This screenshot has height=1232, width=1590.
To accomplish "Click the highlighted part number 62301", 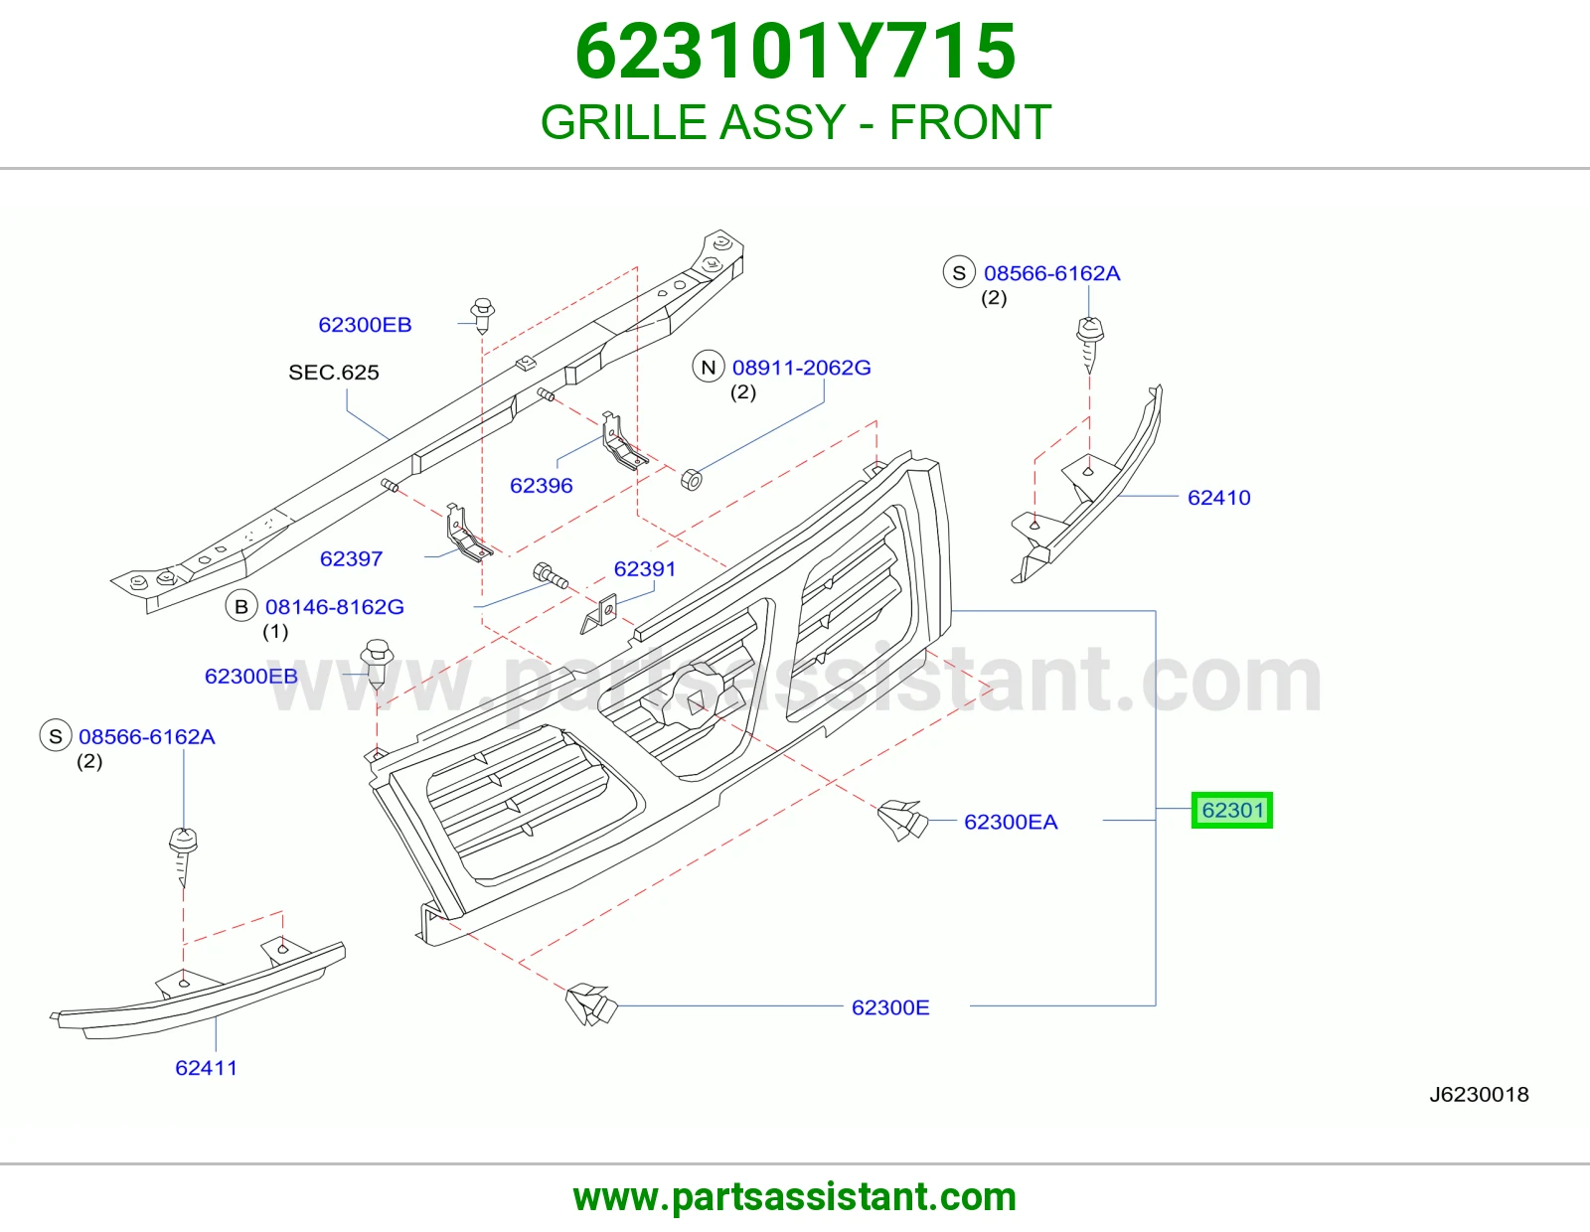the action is point(1232,811).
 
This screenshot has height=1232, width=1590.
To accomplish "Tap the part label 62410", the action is point(1219,498).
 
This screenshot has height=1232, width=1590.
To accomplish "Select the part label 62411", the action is point(207,1068).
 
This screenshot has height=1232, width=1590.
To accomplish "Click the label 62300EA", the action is point(1011,823).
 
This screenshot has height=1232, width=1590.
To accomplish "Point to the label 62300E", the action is point(890,1008).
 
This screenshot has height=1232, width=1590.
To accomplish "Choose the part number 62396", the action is point(542,486).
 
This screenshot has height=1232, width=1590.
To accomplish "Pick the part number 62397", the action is point(351,559).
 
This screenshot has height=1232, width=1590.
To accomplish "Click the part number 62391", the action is point(645,569).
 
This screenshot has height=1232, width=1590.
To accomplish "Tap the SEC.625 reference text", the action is point(334,373).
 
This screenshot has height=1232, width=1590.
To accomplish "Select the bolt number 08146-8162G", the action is point(334,607).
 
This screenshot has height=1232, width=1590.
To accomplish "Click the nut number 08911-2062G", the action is point(802,368).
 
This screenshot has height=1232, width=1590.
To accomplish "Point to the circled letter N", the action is point(709,368).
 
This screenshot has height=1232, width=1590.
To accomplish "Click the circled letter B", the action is point(241,606).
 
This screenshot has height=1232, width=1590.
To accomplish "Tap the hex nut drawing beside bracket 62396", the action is point(692,480).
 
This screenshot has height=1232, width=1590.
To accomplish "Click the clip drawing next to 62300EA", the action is point(902,820).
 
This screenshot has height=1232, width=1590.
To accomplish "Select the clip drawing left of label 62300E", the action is point(591,1004).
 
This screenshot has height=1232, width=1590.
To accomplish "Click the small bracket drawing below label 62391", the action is point(600,613).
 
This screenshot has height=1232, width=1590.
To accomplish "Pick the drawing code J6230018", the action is point(1479,1095).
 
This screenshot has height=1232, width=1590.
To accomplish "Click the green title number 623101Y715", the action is point(795,52).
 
